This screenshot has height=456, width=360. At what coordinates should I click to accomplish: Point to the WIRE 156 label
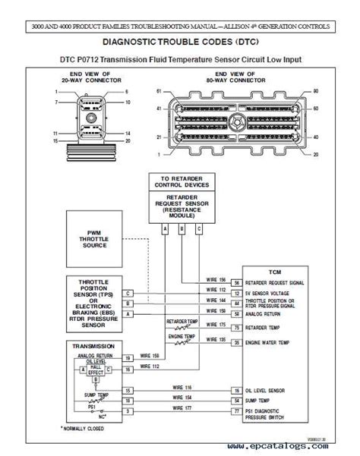[x=216, y=278]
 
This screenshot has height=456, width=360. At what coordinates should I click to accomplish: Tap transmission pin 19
[x=128, y=357]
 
